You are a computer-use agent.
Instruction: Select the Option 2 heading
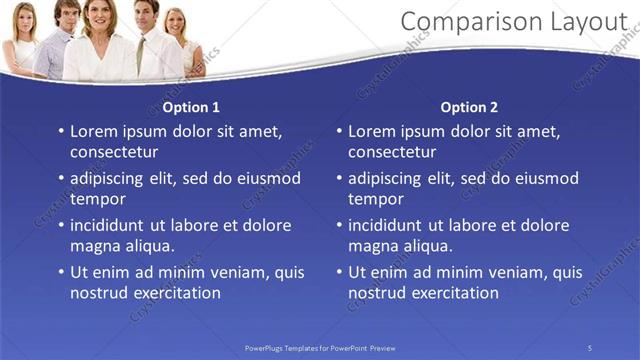coord(468,107)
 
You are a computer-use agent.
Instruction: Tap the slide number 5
coord(590,347)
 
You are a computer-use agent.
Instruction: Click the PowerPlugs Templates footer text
coord(320,347)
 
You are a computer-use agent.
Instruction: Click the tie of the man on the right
coord(142,50)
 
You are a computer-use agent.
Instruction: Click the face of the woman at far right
coord(177,22)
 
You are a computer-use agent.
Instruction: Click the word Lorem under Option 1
coord(94,131)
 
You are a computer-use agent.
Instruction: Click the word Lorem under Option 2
coord(372,131)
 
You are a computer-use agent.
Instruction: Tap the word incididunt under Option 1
coord(112,225)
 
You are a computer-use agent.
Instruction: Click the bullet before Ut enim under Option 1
coord(60,272)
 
